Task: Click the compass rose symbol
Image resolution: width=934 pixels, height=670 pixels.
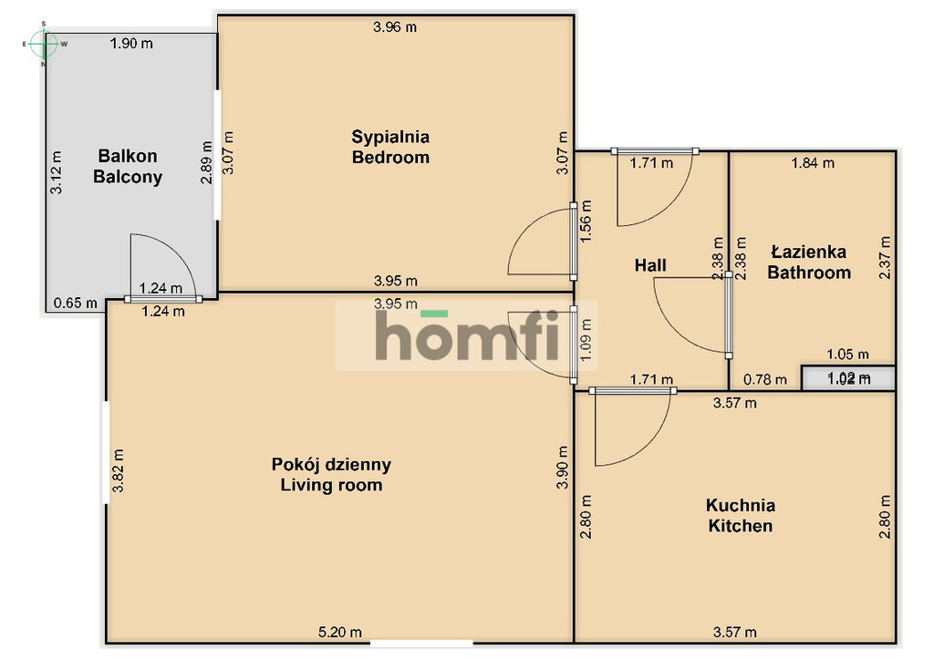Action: [44, 44]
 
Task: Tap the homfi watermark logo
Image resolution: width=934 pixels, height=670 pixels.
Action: [467, 335]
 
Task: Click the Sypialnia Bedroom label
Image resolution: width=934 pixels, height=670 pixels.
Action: [390, 147]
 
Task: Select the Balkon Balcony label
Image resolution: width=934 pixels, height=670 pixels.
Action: [128, 166]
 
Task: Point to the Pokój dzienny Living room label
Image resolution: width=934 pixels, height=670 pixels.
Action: [331, 475]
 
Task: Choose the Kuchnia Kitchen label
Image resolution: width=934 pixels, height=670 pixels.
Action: [741, 516]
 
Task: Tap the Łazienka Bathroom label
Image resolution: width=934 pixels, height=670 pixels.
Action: [809, 262]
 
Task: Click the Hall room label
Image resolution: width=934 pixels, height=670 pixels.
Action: [650, 265]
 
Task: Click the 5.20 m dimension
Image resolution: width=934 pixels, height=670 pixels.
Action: [339, 632]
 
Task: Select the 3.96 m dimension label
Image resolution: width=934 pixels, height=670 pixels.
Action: [395, 26]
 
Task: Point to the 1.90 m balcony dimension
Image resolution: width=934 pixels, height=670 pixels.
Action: [131, 44]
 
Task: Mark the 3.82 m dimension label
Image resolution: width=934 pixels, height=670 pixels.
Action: [118, 470]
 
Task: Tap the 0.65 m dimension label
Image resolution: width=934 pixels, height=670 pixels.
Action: [76, 304]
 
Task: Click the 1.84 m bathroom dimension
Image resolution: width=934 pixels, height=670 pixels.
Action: [813, 162]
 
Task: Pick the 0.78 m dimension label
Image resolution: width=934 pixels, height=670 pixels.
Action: [765, 379]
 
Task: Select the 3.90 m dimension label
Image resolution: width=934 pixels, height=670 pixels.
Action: [562, 467]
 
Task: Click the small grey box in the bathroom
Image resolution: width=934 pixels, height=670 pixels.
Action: [848, 378]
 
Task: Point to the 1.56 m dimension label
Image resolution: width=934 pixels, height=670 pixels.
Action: [586, 221]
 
